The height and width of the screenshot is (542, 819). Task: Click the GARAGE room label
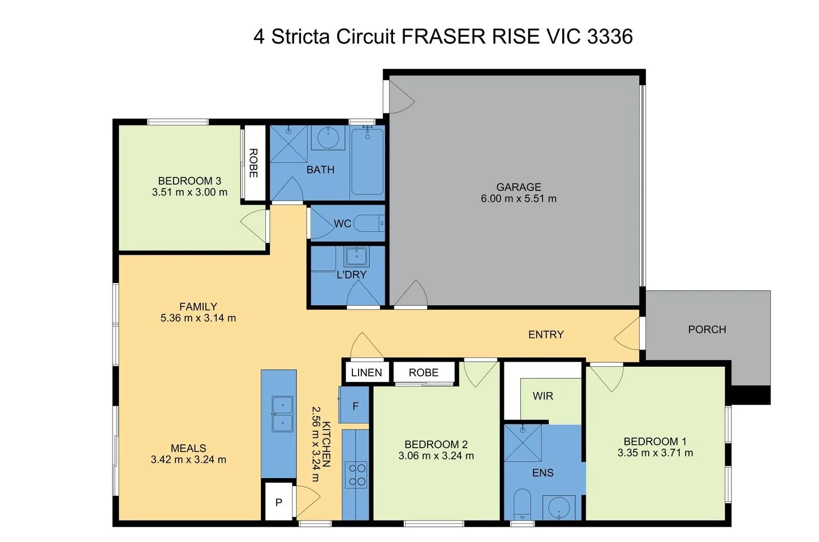(518, 187)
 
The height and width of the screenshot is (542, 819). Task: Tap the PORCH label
(706, 329)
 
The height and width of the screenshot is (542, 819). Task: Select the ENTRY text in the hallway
(545, 335)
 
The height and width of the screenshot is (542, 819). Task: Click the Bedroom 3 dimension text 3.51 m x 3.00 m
(189, 192)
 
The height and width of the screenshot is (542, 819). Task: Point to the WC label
(342, 224)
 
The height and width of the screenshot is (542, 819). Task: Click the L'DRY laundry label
(351, 275)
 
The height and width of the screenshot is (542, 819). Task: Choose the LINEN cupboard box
(366, 372)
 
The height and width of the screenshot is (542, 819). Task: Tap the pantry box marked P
(278, 502)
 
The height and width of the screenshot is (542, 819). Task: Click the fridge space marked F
(355, 406)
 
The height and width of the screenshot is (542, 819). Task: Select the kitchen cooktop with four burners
(356, 475)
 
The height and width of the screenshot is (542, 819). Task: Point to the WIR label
(542, 396)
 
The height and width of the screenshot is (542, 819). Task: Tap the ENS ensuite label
(542, 473)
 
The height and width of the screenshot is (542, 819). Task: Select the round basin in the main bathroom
(327, 137)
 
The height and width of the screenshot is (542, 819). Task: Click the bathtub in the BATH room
(367, 162)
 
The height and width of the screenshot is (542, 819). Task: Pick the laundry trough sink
(356, 257)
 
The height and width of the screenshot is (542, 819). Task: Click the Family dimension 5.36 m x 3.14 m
(198, 318)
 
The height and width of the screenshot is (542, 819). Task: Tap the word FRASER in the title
(443, 37)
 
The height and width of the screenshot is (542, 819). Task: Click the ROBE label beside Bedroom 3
(253, 163)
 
